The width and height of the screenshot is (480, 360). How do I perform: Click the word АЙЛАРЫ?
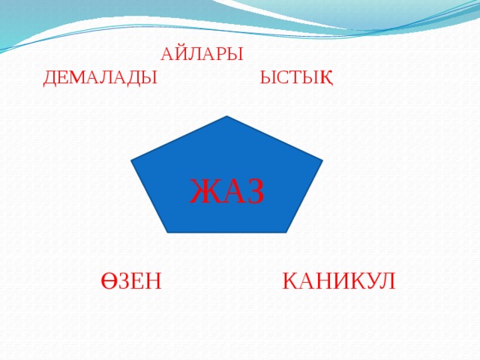click(202, 55)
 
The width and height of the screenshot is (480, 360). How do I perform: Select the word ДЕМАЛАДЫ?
click(100, 77)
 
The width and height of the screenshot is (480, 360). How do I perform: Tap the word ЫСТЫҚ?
click(296, 77)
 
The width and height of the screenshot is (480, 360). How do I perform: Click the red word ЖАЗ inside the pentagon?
click(226, 190)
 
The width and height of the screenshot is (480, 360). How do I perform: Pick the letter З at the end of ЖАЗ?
click(254, 190)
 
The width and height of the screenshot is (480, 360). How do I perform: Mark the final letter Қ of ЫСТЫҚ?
click(327, 77)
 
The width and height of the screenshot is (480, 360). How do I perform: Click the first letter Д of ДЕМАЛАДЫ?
click(50, 77)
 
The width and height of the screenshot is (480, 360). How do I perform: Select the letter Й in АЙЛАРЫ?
click(178, 55)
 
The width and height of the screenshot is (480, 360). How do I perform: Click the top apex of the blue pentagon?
click(226, 117)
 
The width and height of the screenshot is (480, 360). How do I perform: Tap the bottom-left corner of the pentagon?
click(167, 232)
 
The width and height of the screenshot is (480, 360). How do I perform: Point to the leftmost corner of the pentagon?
click(131, 160)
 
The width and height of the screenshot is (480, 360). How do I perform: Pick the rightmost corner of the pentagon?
click(322, 160)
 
